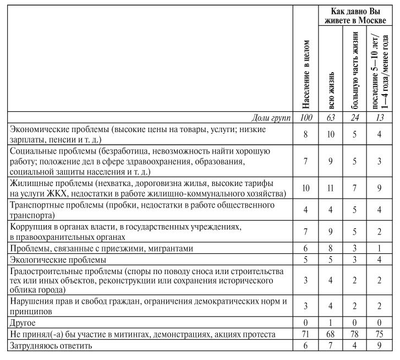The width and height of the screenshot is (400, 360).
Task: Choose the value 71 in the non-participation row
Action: pos(306,335)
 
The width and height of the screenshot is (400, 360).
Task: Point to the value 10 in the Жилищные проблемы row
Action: pos(306,188)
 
